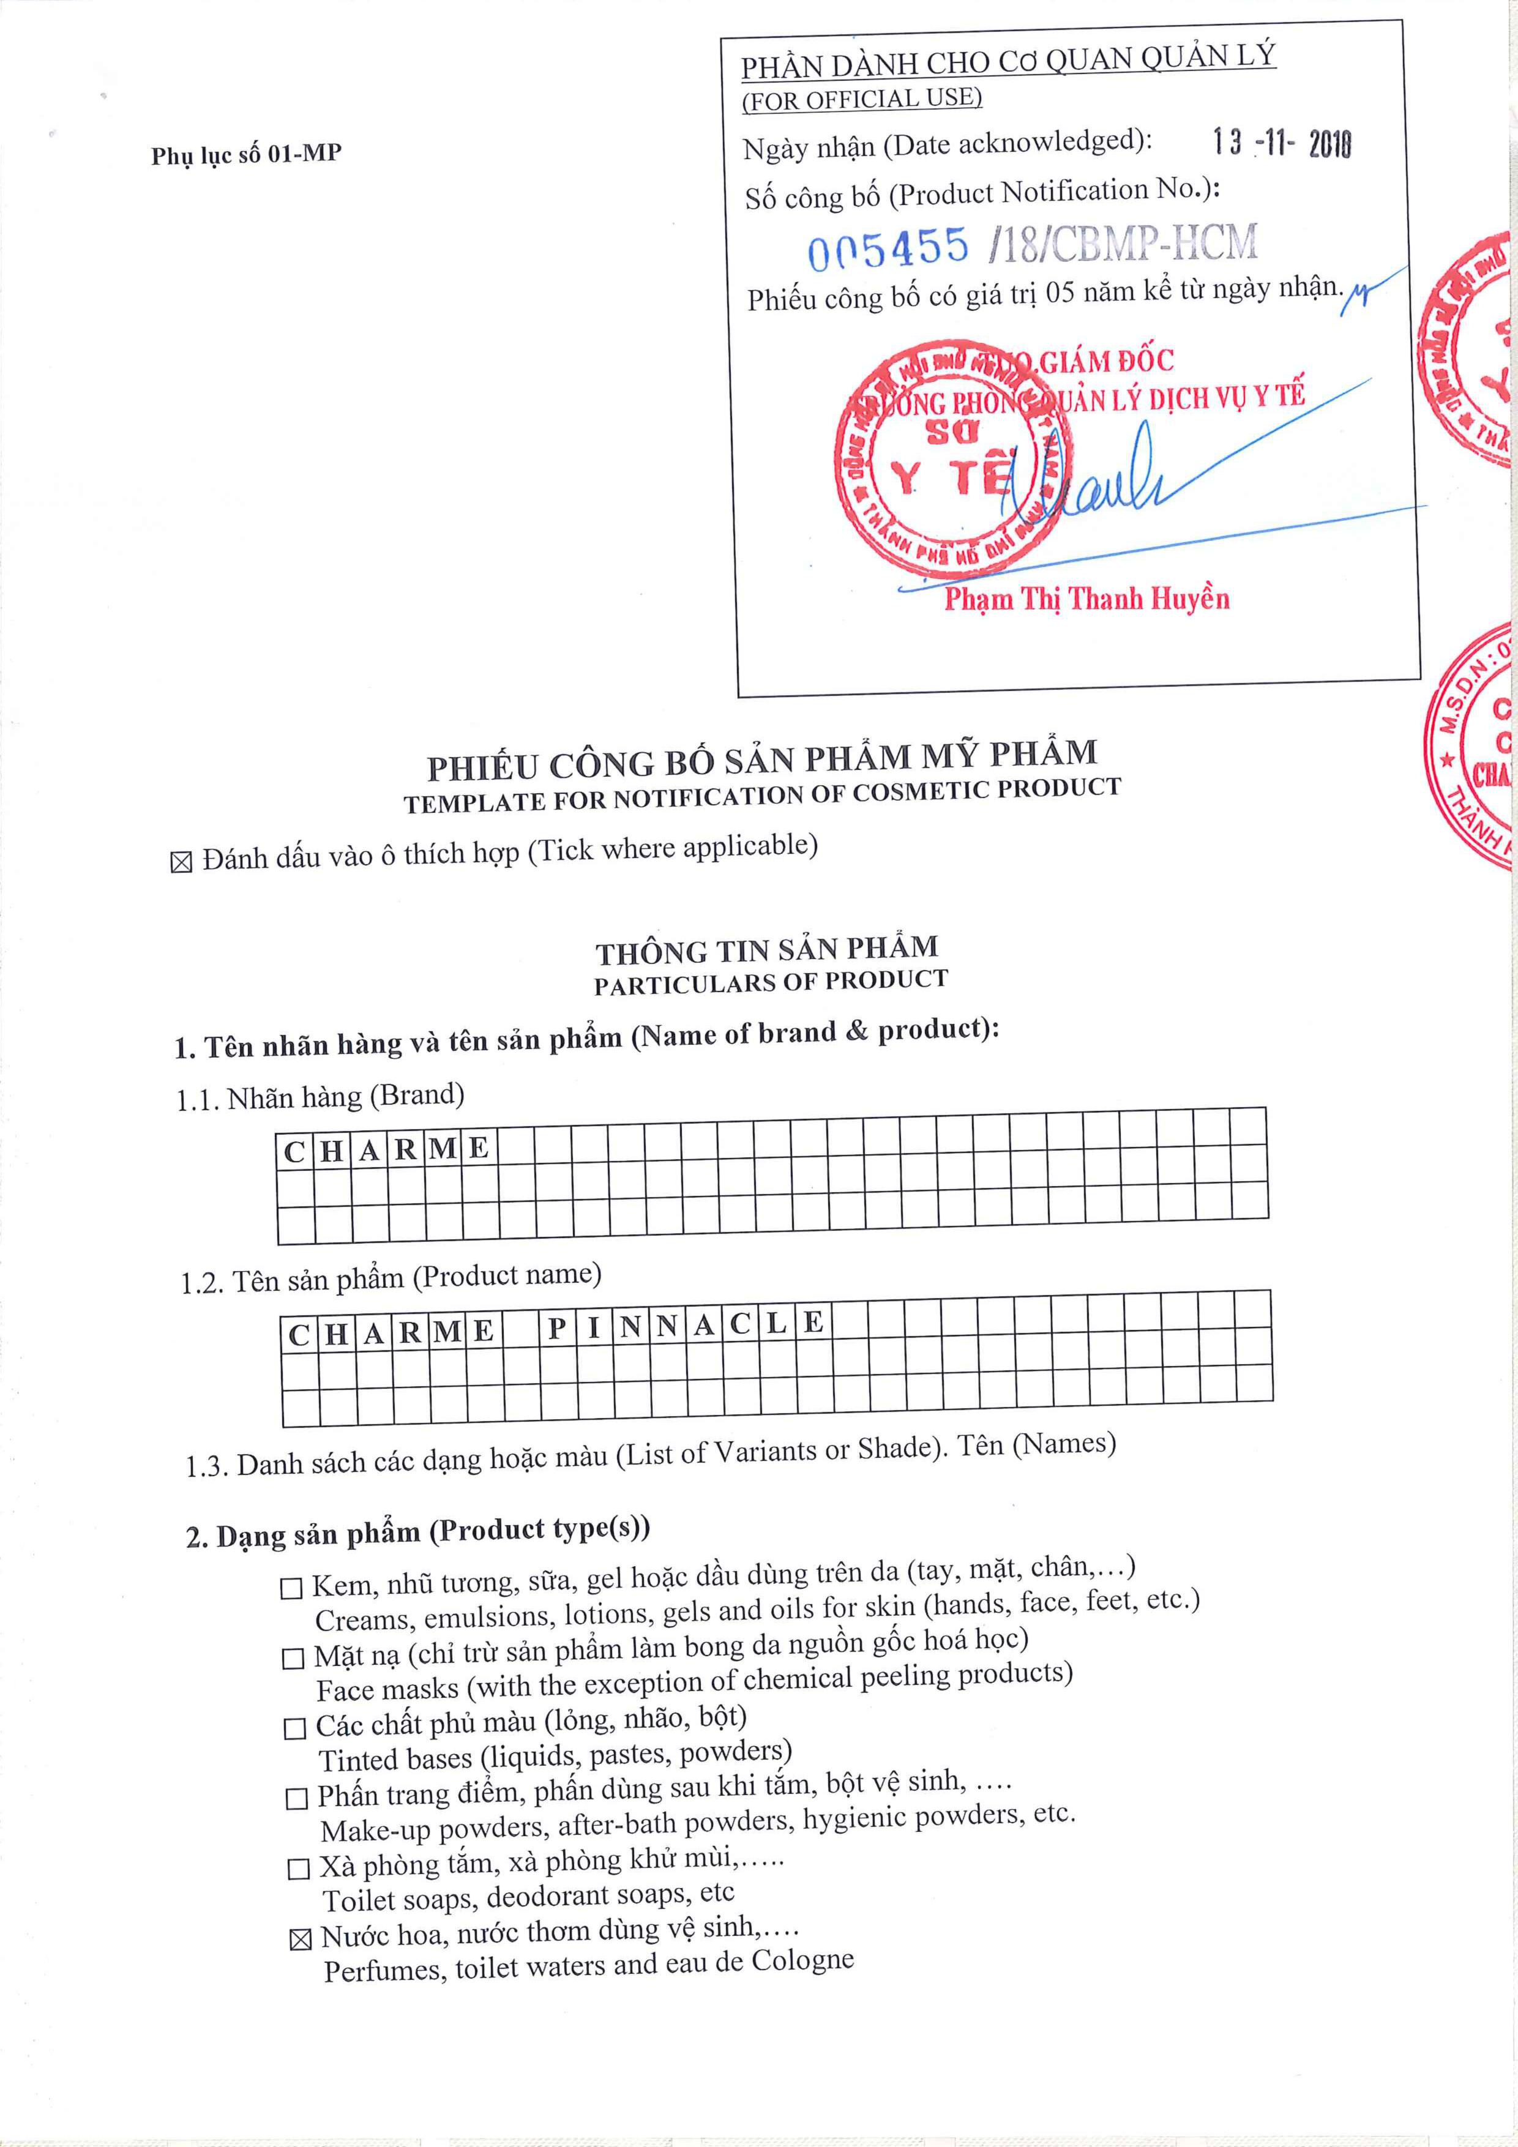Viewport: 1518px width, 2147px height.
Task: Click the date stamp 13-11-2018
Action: (1281, 143)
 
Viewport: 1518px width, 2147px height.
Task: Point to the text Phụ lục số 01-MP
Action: (246, 154)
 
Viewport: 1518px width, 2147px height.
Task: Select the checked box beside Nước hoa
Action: (300, 1940)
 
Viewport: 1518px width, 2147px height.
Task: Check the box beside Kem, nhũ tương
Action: (292, 1588)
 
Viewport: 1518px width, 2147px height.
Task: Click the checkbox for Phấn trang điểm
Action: (296, 1798)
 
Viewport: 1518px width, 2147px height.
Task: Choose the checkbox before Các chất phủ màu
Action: (294, 1728)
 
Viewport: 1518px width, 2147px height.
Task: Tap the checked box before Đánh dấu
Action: (181, 862)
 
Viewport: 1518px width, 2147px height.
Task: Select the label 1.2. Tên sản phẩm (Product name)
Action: (391, 1279)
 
